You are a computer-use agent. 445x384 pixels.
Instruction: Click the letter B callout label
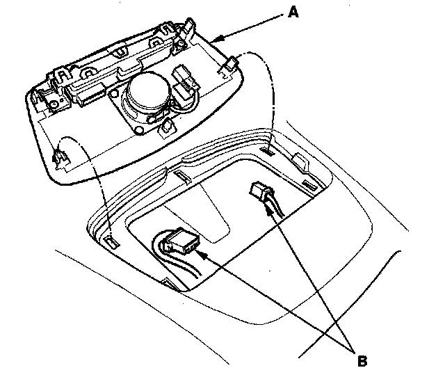coord(361,360)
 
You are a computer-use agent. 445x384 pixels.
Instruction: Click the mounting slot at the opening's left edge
coord(110,241)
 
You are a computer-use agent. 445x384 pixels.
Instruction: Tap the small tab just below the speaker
coord(166,128)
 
